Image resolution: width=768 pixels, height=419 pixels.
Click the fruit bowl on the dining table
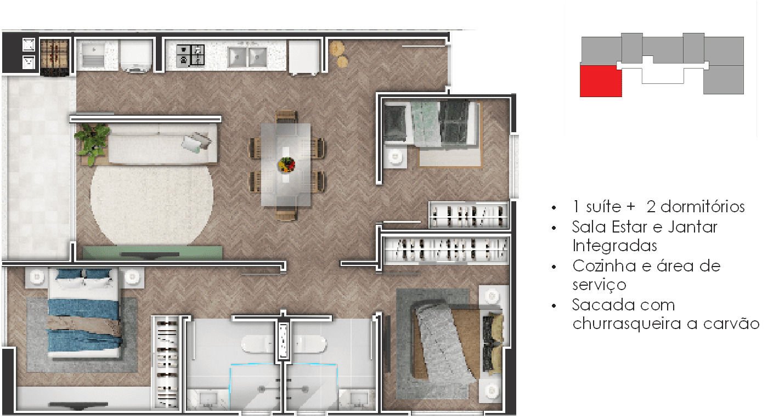(286, 165)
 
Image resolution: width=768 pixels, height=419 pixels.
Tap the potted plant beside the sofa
(92, 143)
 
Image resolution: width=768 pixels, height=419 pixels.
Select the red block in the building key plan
(601, 81)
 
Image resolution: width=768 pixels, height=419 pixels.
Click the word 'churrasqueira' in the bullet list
(626, 324)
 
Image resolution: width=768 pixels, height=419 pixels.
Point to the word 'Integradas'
(614, 246)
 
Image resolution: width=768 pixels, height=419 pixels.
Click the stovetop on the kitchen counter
(190, 55)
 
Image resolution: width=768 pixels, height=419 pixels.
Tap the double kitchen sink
(247, 56)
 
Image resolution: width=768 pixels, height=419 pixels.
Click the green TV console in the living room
(153, 252)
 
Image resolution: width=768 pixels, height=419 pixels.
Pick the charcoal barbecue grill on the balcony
(54, 56)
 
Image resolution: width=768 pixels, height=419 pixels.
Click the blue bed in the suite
(84, 313)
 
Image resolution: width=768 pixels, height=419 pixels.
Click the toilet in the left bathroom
(259, 344)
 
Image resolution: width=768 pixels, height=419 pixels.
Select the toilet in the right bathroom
(308, 344)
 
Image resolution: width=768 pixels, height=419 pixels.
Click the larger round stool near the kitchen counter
(337, 48)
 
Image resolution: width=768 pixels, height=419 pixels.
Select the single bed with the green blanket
(431, 123)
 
